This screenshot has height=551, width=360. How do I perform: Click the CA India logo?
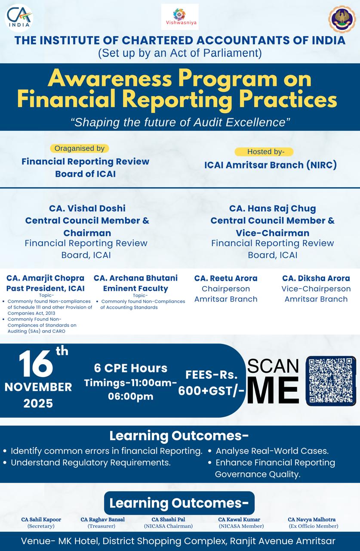pyautogui.click(x=19, y=18)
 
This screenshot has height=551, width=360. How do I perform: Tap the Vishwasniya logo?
pyautogui.click(x=180, y=17)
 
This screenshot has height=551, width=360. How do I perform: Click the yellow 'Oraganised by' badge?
pyautogui.click(x=80, y=149)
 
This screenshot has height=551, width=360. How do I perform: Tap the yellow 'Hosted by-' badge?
pyautogui.click(x=264, y=152)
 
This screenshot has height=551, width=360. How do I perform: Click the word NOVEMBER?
pyautogui.click(x=38, y=387)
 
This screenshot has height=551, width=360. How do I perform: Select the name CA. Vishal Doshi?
pyautogui.click(x=87, y=208)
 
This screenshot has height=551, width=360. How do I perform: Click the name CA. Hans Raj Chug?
pyautogui.click(x=273, y=208)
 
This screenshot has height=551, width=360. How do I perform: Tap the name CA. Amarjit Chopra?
pyautogui.click(x=45, y=278)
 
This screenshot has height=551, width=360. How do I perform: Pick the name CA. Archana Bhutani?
pyautogui.click(x=135, y=278)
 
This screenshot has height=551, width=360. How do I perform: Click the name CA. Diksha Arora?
pyautogui.click(x=316, y=278)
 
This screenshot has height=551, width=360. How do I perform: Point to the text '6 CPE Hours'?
pyautogui.click(x=131, y=368)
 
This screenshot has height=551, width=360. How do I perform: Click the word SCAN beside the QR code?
pyautogui.click(x=273, y=366)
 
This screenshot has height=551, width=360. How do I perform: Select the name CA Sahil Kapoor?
pyautogui.click(x=41, y=520)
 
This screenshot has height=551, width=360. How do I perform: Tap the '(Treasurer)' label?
pyautogui.click(x=102, y=526)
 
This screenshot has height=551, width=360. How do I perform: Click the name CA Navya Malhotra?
pyautogui.click(x=311, y=520)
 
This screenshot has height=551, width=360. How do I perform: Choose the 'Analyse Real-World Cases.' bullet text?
pyautogui.click(x=272, y=451)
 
